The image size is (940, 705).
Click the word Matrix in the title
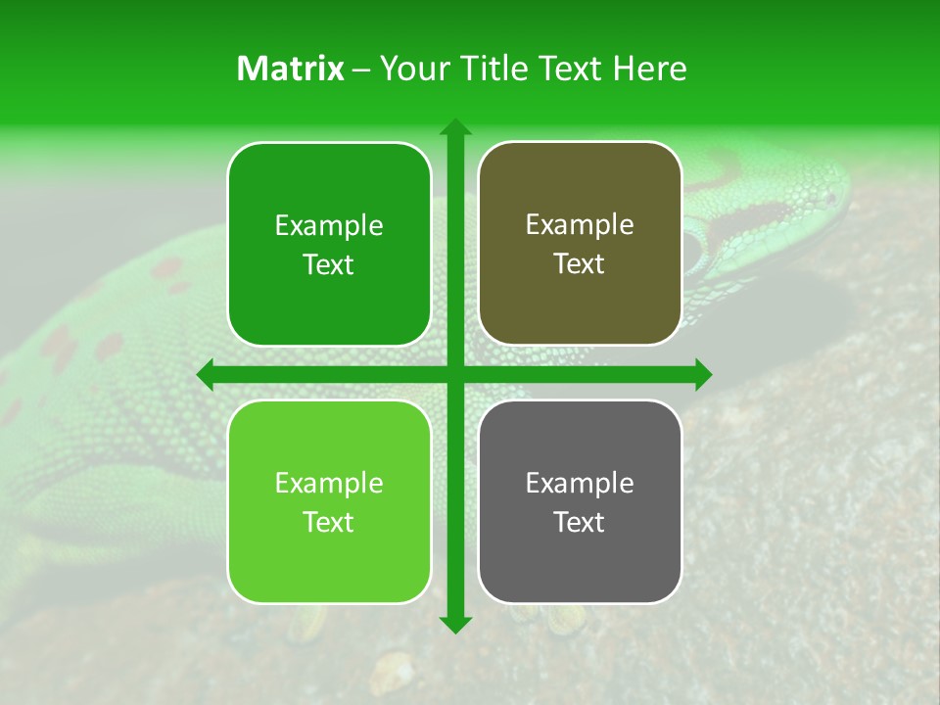coord(291,69)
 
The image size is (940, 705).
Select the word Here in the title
coord(649,69)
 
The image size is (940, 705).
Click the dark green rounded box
coord(329,245)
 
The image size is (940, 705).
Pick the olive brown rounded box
coord(580,244)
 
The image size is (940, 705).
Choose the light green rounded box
coord(329,501)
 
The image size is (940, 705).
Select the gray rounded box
coord(580,501)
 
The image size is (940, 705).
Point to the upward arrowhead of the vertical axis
coord(455,127)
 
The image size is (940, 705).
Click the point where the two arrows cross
coord(455,374)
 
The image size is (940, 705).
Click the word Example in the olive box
coord(580,225)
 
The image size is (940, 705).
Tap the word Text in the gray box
coord(580,522)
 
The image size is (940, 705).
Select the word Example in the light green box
coord(329,483)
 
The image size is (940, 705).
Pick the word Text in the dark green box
coord(329,265)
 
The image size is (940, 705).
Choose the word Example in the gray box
coord(580,483)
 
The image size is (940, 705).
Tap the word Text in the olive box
coord(580,264)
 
